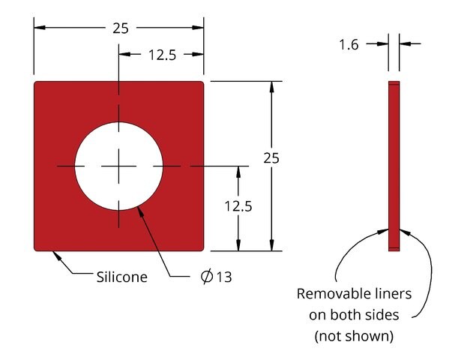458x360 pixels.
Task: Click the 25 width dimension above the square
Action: (120, 28)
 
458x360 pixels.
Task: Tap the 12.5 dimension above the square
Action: (163, 54)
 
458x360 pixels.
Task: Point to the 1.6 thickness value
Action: (349, 45)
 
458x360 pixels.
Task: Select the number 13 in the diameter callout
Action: (224, 277)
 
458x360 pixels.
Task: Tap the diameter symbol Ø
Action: (207, 277)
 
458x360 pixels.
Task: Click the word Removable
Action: (328, 293)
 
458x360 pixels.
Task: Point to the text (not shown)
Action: (354, 335)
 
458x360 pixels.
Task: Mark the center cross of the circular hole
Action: (118, 165)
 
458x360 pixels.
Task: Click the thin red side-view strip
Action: (394, 166)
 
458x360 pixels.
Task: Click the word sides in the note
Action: (384, 314)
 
